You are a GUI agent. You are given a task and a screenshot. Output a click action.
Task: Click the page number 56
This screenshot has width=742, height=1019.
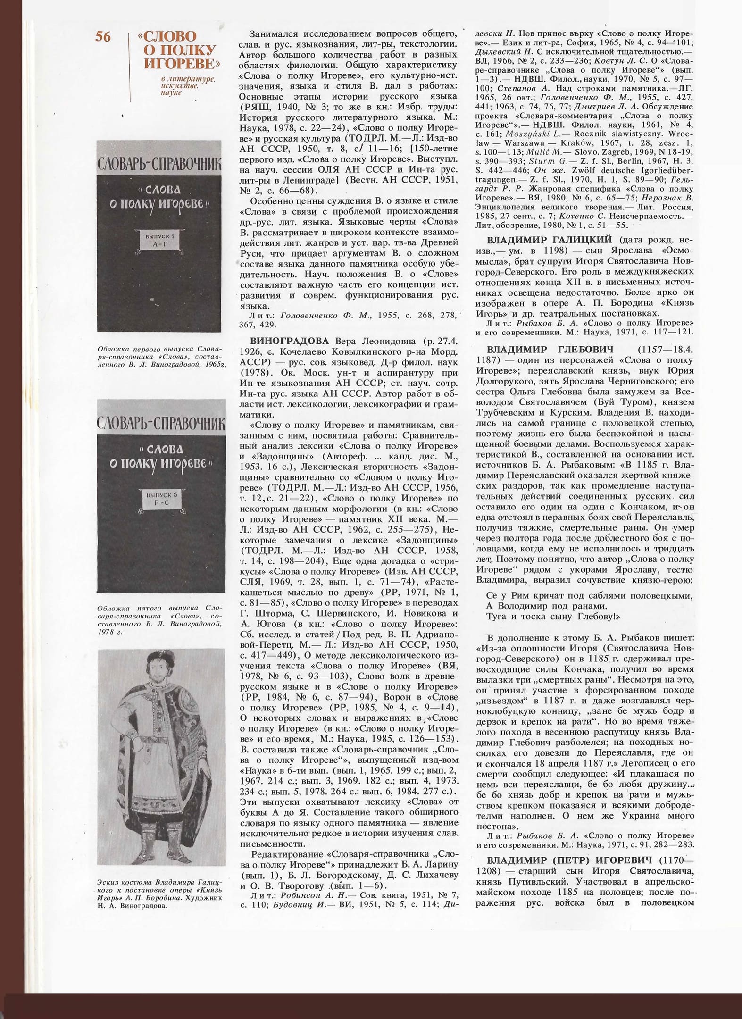pos(103,37)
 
